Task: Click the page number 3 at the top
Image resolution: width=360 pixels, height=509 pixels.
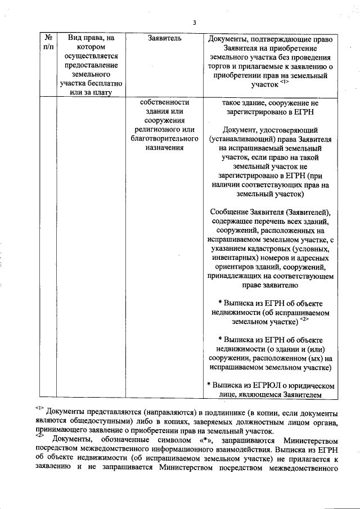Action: click(x=194, y=23)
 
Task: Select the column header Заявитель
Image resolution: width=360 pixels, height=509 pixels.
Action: click(x=163, y=39)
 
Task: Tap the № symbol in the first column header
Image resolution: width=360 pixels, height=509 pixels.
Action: click(x=47, y=38)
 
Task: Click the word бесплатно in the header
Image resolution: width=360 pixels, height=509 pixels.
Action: click(x=97, y=83)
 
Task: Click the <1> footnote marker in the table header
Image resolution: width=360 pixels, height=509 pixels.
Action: click(x=284, y=83)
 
